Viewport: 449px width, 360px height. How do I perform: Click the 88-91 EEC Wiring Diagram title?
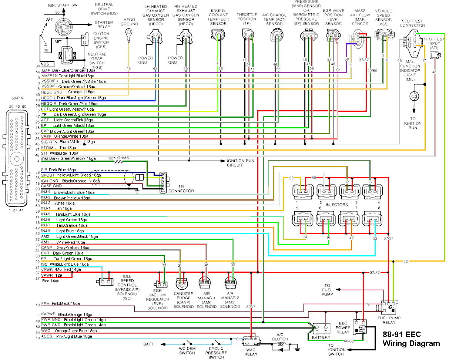(411, 339)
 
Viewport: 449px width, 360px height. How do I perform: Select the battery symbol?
(321, 328)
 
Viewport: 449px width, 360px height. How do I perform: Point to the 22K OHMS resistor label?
(119, 158)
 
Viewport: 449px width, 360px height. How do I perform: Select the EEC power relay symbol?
(359, 327)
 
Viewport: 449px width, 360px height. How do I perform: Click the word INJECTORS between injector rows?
(336, 205)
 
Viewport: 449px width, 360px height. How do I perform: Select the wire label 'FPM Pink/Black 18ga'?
(66, 303)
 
